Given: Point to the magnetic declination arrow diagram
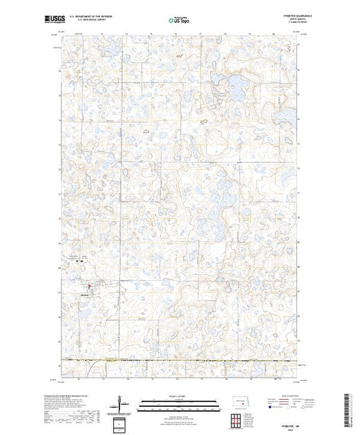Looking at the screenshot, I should (x=122, y=402).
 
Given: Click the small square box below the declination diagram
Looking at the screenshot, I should (x=122, y=423).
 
